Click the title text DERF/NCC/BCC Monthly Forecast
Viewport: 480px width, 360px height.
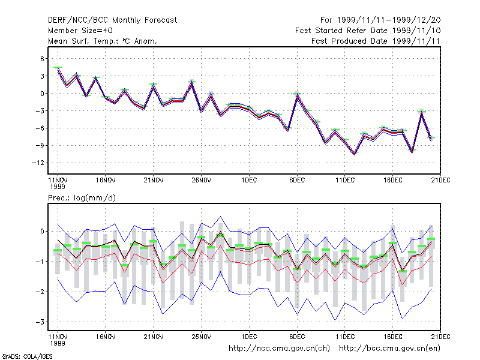coord(112,20)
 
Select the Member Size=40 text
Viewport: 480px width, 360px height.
coord(80,31)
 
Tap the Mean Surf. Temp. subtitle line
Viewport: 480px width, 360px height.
coord(103,41)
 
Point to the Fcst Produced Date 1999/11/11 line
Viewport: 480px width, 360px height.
coord(376,41)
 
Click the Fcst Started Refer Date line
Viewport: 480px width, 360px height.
coord(368,31)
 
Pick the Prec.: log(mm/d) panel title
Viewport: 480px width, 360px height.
coord(82,198)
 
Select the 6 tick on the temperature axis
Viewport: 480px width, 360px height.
coord(42,58)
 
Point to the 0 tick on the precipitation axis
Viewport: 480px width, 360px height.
coord(42,232)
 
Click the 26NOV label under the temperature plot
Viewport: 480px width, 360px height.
coord(201,181)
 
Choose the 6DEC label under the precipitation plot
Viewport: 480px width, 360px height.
coord(297,337)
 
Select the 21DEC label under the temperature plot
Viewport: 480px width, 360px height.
coord(440,181)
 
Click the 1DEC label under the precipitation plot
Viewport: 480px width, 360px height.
coord(249,337)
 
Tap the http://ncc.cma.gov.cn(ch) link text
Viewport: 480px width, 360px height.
coord(279,349)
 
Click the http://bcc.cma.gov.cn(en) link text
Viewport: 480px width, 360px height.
coord(389,349)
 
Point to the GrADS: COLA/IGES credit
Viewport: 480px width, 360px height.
coord(28,356)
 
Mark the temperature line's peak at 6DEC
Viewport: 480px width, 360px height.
coord(297,95)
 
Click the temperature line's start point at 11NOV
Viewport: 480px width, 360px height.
coord(58,69)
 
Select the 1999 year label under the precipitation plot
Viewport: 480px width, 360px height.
coord(58,343)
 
